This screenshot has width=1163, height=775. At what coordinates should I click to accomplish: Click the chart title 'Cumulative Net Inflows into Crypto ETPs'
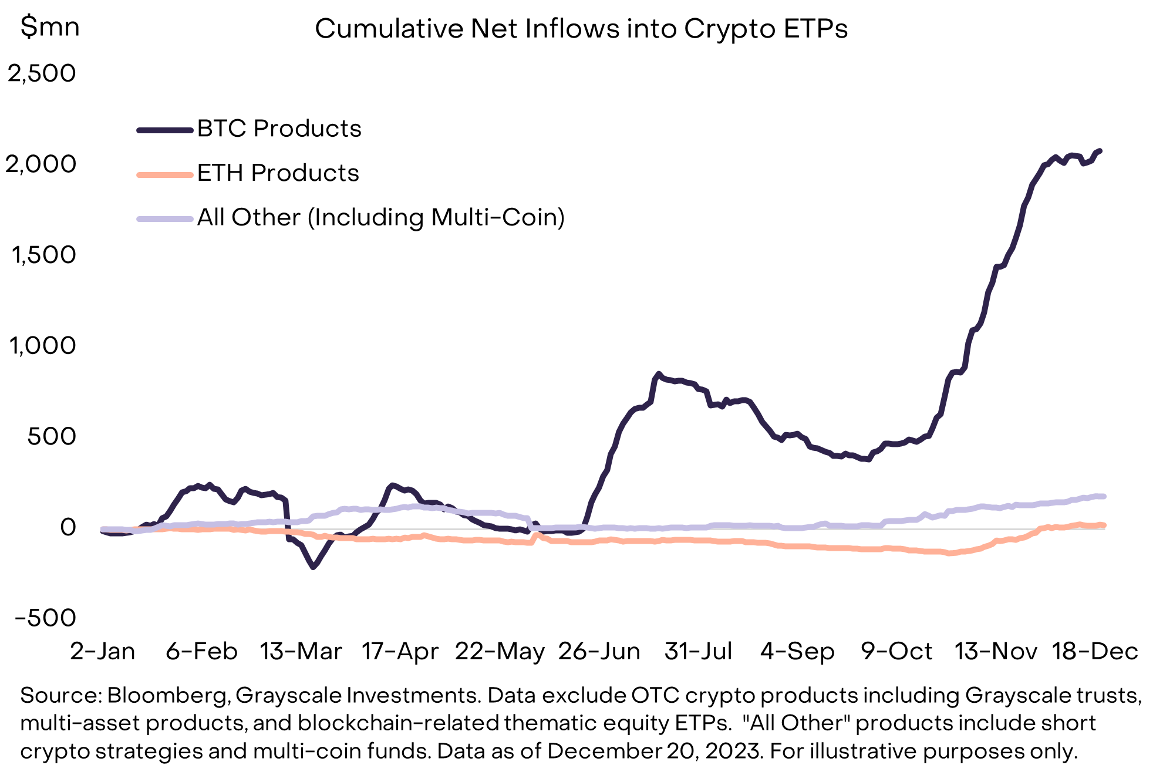pos(581,29)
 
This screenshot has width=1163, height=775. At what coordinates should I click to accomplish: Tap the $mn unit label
pos(50,27)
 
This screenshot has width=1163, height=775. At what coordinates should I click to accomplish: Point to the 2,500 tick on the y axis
pos(42,73)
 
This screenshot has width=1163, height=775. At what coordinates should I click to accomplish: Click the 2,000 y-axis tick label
pos(42,164)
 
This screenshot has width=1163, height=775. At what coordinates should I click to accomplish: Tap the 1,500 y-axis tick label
pos(43,255)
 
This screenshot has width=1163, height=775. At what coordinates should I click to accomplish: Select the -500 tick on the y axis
pos(46,618)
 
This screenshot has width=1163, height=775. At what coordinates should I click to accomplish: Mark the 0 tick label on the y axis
pos(68,527)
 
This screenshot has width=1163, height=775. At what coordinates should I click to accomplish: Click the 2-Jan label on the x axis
pos(103,651)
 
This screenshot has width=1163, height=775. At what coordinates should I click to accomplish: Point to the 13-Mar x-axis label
pos(301,651)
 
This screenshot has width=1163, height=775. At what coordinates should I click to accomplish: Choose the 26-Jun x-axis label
pos(599,651)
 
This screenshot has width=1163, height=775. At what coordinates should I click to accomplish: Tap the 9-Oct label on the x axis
pos(896,651)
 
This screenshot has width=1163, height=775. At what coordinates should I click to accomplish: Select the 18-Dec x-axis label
pos(1095,651)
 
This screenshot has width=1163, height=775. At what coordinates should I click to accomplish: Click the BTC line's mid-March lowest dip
pos(313,567)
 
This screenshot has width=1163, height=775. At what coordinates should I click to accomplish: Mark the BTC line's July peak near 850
pos(659,373)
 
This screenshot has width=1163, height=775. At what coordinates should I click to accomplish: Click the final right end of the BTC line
pos(1099,151)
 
